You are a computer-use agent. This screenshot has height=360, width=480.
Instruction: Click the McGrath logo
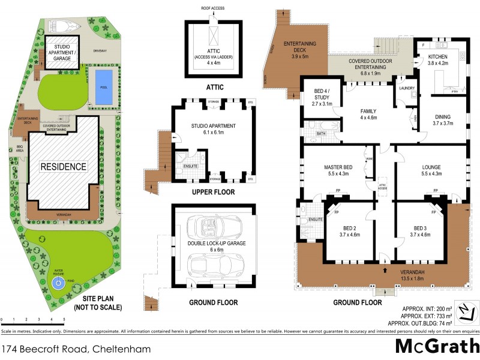click(x=437, y=347)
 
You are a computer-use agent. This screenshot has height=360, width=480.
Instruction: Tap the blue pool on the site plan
click(x=103, y=79)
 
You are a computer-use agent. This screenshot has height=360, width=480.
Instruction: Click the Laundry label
click(x=407, y=88)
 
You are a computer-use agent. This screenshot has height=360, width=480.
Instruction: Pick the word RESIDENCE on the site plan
click(x=64, y=166)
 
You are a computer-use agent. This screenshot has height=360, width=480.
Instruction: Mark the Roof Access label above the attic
click(x=214, y=8)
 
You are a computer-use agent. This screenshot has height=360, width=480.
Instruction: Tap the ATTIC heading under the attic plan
click(x=214, y=87)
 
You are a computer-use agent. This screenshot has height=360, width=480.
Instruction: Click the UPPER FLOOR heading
click(x=213, y=193)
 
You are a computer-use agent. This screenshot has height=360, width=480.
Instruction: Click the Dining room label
click(x=442, y=119)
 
